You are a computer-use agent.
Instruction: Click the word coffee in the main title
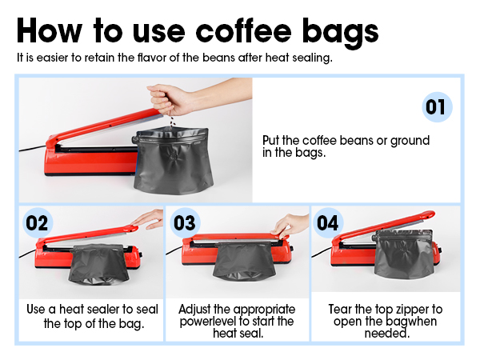(x=243, y=30)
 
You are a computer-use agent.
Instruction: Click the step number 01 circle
(x=437, y=107)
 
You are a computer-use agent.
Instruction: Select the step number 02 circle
(x=38, y=222)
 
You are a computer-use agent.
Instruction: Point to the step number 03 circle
(x=185, y=222)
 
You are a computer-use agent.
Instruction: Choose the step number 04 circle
(x=328, y=222)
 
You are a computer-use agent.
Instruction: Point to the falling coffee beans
(x=172, y=122)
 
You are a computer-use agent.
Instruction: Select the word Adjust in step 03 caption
(x=194, y=310)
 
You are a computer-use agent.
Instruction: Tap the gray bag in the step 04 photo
(x=405, y=254)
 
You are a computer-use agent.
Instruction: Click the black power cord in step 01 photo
(x=32, y=149)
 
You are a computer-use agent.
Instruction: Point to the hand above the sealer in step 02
(x=149, y=218)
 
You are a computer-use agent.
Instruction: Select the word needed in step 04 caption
(x=387, y=333)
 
